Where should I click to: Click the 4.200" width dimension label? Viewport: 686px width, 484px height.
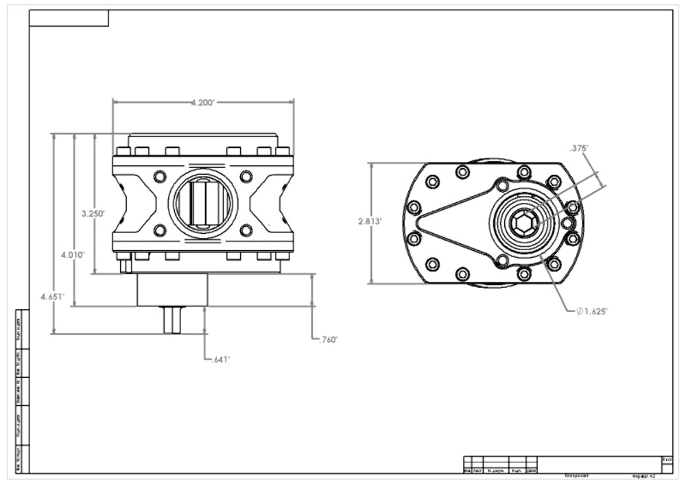click(x=203, y=102)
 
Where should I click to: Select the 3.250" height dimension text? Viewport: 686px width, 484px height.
click(x=93, y=213)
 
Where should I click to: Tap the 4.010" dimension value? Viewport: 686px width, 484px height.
click(x=73, y=254)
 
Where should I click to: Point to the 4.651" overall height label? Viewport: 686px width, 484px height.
click(x=52, y=297)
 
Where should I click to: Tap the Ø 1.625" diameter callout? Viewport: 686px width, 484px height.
click(x=592, y=311)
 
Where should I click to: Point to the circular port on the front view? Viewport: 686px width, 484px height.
click(x=203, y=203)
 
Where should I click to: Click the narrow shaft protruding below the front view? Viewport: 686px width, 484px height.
click(x=171, y=319)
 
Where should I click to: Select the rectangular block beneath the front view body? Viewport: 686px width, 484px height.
click(x=171, y=289)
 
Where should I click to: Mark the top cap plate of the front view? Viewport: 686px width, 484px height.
click(x=203, y=140)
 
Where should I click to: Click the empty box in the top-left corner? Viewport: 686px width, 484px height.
click(x=69, y=19)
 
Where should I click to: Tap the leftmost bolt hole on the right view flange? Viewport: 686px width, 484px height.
click(x=414, y=207)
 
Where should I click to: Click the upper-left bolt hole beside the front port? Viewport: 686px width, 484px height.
click(x=160, y=176)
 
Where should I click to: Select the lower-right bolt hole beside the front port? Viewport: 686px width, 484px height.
click(x=246, y=230)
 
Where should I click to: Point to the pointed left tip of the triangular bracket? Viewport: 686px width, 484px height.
click(x=420, y=222)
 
